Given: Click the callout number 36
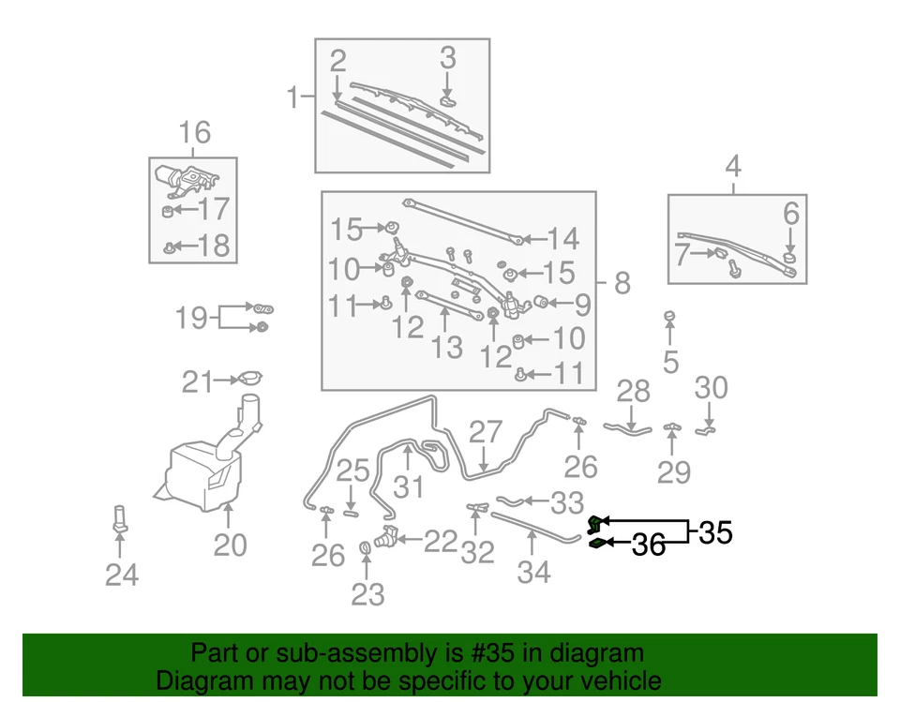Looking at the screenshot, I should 649,545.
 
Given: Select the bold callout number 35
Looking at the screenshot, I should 713,533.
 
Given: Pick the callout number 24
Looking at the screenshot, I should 122,575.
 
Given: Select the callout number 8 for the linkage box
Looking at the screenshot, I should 622,283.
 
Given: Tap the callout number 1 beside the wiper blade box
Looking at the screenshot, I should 293,97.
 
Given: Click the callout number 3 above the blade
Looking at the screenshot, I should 448,58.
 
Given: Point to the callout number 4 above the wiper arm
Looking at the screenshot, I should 733,169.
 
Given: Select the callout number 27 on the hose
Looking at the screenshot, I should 486,432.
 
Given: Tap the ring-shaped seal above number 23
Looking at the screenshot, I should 366,548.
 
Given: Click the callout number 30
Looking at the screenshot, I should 711,387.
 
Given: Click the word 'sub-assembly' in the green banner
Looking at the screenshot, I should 358,653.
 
